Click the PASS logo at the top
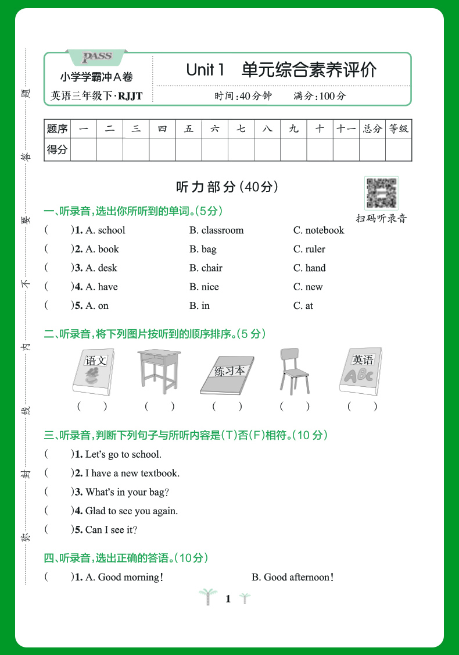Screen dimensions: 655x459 (96, 56)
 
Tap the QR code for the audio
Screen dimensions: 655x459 (381, 193)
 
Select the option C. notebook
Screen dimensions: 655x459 (318, 230)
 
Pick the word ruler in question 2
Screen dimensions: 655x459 (315, 249)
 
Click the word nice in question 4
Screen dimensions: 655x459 (210, 287)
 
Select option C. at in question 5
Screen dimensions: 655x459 (303, 306)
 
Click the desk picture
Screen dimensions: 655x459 (160, 371)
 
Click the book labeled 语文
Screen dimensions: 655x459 (93, 372)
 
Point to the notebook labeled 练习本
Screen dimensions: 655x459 (227, 375)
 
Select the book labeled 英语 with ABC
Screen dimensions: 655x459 (361, 372)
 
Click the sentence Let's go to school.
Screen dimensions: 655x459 (123, 454)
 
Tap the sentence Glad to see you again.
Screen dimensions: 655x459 (131, 511)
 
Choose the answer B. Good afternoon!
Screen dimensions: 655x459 (293, 577)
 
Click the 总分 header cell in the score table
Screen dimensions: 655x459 (372, 129)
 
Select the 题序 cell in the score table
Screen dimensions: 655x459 (57, 129)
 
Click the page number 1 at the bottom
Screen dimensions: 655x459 (228, 599)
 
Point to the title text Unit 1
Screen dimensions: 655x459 (205, 70)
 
